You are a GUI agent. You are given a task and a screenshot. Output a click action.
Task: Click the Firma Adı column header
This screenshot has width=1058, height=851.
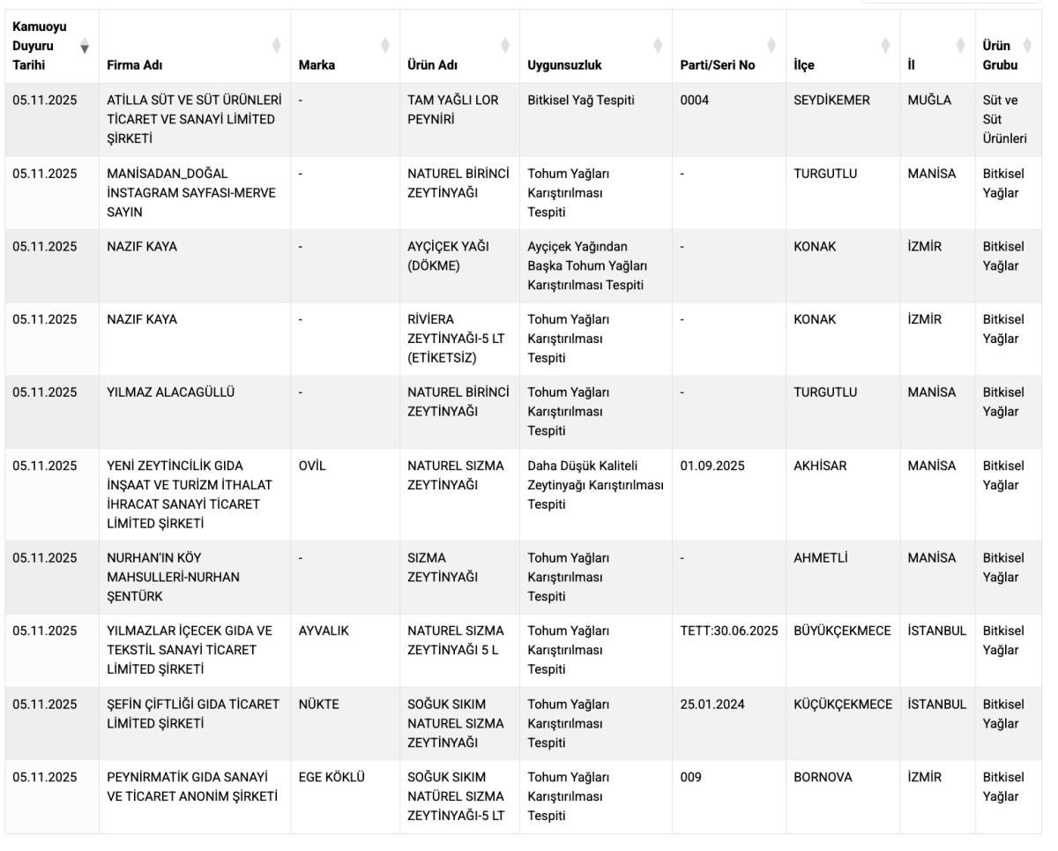point(135,64)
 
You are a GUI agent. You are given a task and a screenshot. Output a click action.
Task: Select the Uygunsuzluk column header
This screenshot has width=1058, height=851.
point(564,64)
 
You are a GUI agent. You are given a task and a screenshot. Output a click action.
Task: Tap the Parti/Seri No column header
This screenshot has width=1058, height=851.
point(718,64)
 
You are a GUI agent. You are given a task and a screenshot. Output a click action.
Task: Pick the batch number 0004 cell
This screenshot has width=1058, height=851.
point(694,101)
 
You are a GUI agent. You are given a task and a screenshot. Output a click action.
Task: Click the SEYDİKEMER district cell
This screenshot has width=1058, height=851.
point(831,101)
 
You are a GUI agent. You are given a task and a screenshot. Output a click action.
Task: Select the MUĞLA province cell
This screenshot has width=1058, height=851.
point(929,101)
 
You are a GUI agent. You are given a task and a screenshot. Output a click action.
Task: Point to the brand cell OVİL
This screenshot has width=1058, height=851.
point(312,467)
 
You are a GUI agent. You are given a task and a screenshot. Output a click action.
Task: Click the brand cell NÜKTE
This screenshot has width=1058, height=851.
point(318,705)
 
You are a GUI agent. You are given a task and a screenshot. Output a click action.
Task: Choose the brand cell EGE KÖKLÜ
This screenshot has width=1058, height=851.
point(332,778)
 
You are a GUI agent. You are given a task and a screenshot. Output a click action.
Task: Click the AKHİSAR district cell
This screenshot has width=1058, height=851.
point(820,467)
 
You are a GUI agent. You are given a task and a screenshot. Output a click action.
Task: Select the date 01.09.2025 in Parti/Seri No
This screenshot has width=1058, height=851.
point(712,467)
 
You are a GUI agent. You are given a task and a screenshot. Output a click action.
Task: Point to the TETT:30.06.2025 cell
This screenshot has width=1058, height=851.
point(729,631)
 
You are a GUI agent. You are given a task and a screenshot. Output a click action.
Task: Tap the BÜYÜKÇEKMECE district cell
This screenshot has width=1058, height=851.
point(842,631)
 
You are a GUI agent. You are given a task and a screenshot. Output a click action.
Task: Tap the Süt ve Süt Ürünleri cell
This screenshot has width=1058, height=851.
point(1004,119)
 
